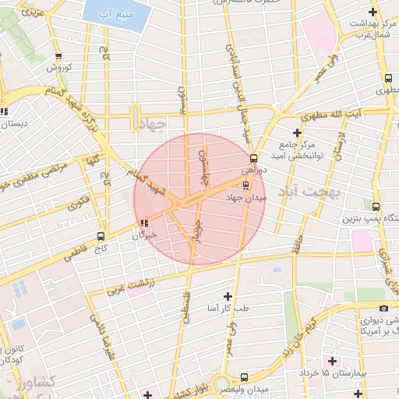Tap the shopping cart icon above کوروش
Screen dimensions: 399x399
click(x=59, y=56)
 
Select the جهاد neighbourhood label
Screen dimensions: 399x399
click(x=151, y=125)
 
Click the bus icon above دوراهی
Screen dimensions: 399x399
click(x=252, y=158)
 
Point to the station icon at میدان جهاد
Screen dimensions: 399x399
click(x=246, y=185)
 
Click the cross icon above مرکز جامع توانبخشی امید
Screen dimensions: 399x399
click(x=296, y=132)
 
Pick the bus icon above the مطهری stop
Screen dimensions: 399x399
click(x=387, y=78)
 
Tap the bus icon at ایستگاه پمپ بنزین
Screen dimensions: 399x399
click(x=376, y=207)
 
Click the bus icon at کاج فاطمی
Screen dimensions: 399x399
click(x=101, y=236)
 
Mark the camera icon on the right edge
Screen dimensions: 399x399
click(x=383, y=309)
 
